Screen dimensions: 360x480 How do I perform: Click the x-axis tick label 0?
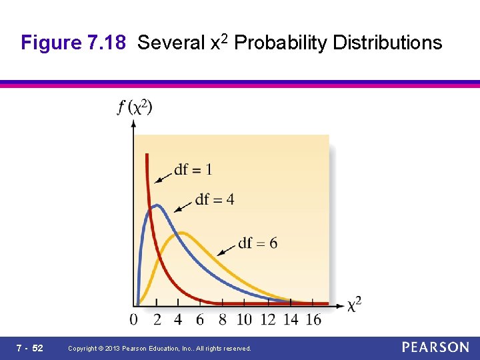click(134, 319)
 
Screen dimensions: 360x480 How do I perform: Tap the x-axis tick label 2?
click(157, 319)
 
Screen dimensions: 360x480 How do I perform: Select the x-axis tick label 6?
click(200, 319)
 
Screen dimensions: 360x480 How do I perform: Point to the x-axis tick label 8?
click(222, 319)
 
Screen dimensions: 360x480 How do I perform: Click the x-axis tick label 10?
click(245, 319)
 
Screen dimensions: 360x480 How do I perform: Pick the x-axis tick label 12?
click(268, 319)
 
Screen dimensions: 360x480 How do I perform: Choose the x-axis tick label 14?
click(291, 319)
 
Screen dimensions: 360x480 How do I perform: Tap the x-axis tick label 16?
click(313, 319)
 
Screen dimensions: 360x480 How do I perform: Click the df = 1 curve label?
click(193, 169)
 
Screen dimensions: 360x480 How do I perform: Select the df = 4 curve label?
click(215, 199)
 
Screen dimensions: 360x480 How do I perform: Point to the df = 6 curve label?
click(257, 243)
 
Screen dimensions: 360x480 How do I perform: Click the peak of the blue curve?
click(155, 205)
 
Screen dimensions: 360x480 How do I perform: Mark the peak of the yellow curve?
click(179, 233)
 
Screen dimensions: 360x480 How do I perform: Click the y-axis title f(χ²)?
click(135, 107)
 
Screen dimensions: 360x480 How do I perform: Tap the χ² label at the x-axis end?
click(355, 305)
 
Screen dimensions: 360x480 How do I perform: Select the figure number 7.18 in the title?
click(106, 43)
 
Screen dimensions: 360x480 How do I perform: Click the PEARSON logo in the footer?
click(435, 347)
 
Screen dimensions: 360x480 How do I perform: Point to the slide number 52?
click(37, 348)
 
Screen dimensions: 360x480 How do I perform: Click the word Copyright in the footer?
click(85, 349)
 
